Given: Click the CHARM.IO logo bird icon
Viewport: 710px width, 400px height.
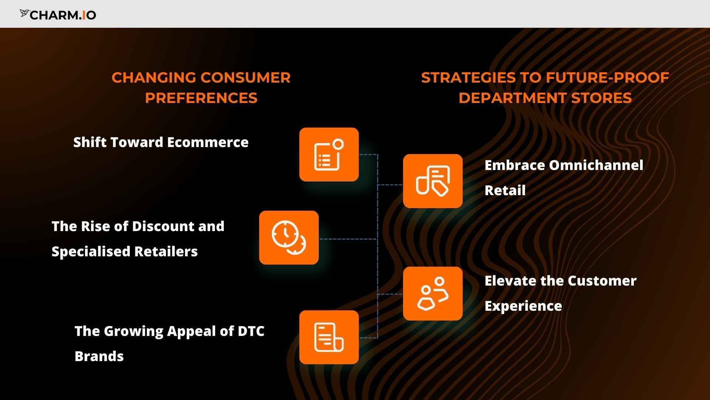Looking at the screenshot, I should click(24, 14).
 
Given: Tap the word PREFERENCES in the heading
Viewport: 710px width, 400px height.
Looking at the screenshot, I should click(201, 98).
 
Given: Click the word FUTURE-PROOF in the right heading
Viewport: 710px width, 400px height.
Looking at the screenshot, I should click(607, 78).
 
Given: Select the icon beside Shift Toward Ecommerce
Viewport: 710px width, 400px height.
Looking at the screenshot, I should click(329, 155).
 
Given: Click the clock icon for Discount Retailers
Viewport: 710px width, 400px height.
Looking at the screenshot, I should click(289, 238).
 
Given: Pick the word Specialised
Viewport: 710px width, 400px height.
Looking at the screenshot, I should click(91, 251).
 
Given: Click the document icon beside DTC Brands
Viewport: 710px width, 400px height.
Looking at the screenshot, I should click(329, 337).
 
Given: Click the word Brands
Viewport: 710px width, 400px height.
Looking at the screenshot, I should click(99, 356).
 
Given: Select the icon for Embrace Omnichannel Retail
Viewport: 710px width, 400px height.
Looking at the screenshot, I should click(433, 181).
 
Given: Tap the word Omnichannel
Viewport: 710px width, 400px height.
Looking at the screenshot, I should click(596, 165).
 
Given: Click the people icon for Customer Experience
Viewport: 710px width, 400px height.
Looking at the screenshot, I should click(433, 294).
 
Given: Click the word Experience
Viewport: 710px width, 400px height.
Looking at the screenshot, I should click(523, 306).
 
